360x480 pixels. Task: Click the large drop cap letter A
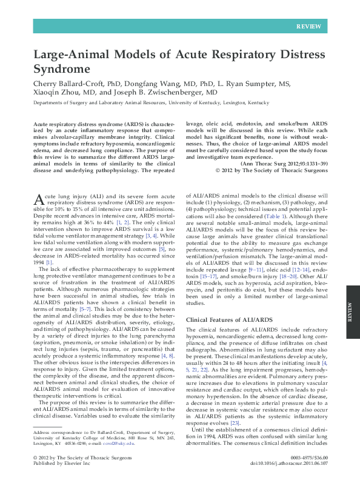pyautogui.click(x=38, y=201)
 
